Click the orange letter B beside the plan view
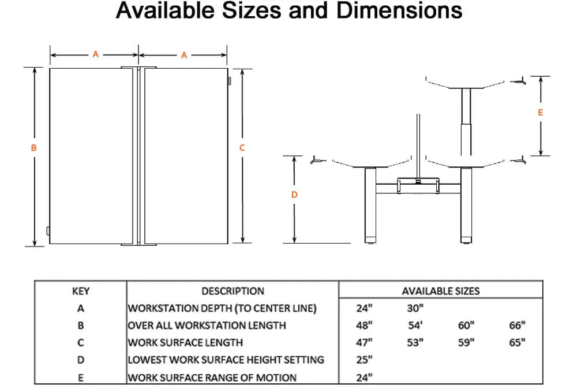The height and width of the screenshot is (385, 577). pos(34,148)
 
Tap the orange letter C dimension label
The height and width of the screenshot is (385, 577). pos(242,148)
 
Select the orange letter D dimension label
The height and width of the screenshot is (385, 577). pos(294,195)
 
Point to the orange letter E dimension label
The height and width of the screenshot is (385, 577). pos(540,112)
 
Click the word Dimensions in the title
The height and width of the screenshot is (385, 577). pos(399,10)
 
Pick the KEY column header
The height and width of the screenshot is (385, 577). pos(81,291)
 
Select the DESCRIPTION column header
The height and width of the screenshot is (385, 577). pos(233,291)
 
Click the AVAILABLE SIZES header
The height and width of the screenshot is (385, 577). pos(440,291)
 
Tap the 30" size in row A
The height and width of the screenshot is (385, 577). pos(415,308)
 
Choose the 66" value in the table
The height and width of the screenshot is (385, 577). pos(517,325)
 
